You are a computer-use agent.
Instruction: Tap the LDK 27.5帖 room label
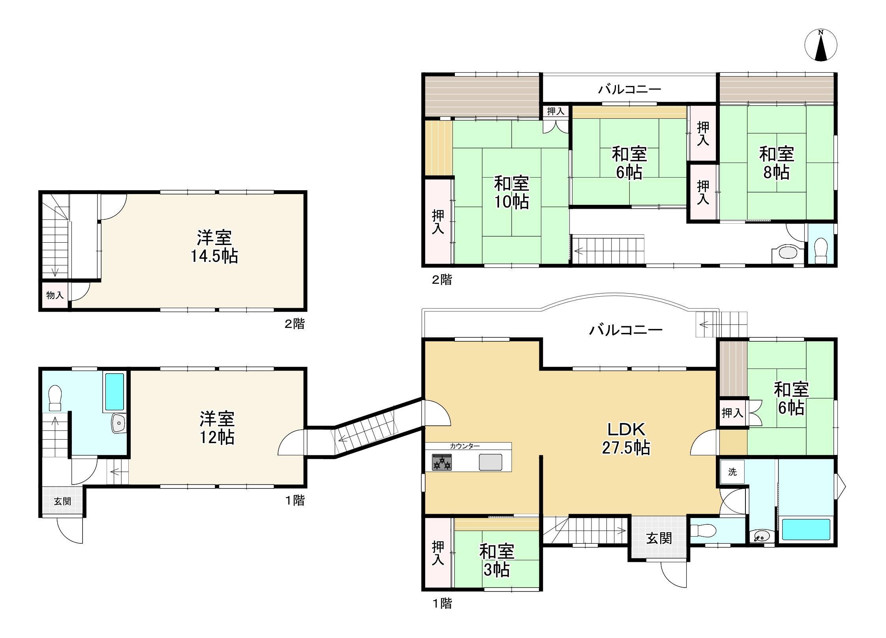[626, 438]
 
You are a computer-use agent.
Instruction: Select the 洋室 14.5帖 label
[214, 247]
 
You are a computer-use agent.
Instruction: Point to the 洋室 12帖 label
[217, 428]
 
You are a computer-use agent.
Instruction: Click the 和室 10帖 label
[512, 193]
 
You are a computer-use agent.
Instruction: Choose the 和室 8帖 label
[777, 163]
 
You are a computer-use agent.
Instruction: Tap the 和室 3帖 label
[497, 561]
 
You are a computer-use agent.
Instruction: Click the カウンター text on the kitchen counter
[465, 446]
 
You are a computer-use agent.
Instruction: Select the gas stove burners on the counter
[442, 462]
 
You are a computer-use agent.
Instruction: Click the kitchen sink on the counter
[491, 462]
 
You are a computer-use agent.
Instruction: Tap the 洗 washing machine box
[732, 472]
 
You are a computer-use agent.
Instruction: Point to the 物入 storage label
[55, 295]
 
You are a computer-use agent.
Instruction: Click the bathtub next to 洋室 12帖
[115, 392]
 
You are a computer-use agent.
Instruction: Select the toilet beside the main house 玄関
[703, 531]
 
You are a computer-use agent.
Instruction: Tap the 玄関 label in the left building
[62, 501]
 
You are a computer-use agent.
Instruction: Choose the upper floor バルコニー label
[630, 89]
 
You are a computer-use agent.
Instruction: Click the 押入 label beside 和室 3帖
[438, 553]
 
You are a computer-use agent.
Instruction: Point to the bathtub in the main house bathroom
[806, 529]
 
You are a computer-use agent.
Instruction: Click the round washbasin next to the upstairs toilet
[788, 253]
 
